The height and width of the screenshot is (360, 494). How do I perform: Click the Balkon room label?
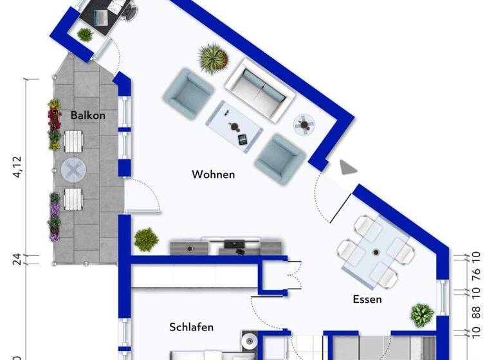(x=88, y=116)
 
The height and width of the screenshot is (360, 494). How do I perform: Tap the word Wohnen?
(x=213, y=174)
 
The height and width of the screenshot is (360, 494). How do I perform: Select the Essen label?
(x=367, y=299)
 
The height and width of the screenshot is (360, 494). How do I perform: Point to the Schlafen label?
(x=192, y=327)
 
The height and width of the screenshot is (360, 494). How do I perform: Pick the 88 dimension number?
(x=477, y=312)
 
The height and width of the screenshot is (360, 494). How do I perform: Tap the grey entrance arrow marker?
(x=347, y=168)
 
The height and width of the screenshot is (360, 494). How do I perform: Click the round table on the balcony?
(x=73, y=170)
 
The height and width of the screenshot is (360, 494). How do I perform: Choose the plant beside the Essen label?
(x=421, y=315)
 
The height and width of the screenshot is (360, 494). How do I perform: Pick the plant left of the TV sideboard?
(x=146, y=239)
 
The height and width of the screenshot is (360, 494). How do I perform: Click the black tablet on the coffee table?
(x=242, y=139)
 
